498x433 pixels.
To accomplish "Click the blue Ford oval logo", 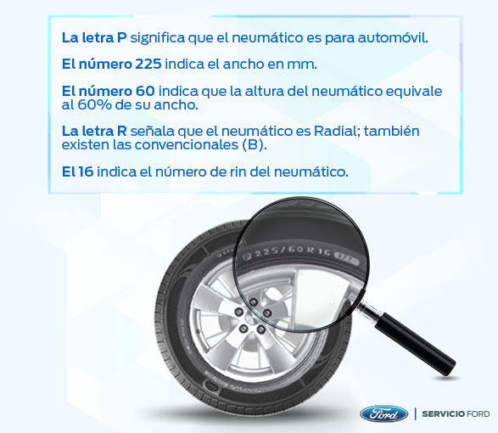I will [384, 413].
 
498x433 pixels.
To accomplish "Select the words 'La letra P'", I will [93, 38].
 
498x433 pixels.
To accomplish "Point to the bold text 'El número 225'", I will [112, 65].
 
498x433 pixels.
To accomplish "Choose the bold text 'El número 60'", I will [109, 91].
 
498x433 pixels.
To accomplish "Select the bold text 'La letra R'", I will [94, 132].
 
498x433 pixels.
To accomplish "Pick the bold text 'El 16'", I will [77, 172].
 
